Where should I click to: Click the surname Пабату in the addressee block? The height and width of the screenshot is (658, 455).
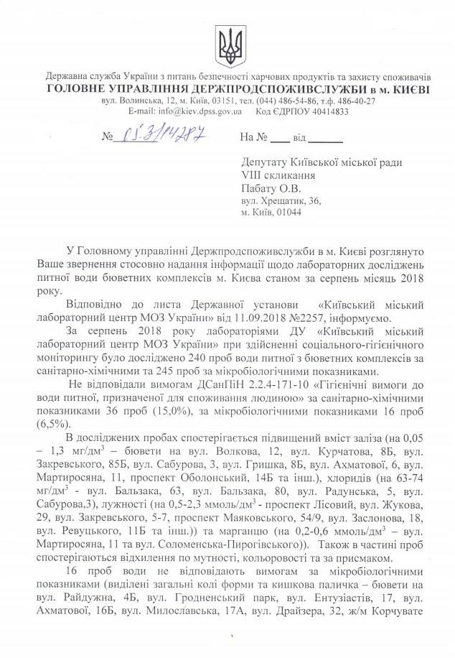(263, 188)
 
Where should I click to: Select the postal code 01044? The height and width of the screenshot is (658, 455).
(287, 212)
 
